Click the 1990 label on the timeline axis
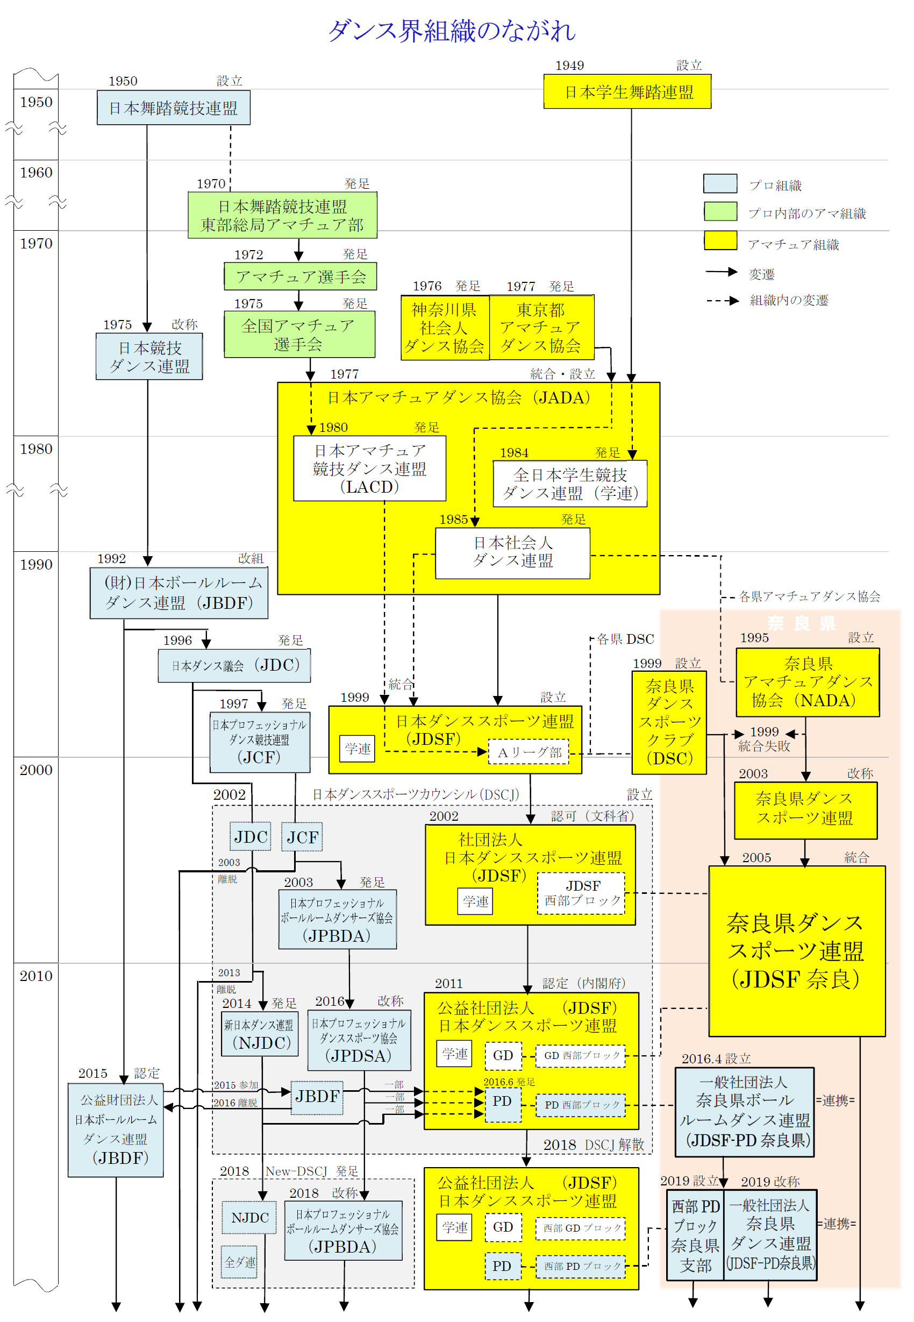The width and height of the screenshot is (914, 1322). point(36,565)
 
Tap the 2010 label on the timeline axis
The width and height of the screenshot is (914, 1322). point(36,976)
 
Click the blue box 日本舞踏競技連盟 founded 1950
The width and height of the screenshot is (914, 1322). point(174,108)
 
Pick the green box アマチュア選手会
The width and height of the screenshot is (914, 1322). point(300,276)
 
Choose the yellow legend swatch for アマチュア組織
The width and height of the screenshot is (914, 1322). point(720,240)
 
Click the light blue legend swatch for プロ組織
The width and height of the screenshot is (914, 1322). point(720,183)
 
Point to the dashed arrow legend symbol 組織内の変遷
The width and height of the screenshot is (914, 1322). point(722,301)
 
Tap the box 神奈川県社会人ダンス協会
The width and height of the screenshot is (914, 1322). point(445,328)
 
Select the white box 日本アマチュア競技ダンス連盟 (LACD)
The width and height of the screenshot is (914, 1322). point(369,468)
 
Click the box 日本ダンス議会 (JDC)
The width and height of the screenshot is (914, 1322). point(234,666)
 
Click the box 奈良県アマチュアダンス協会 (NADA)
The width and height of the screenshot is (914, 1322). point(808,682)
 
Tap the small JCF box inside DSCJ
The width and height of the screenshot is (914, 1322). point(302,837)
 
